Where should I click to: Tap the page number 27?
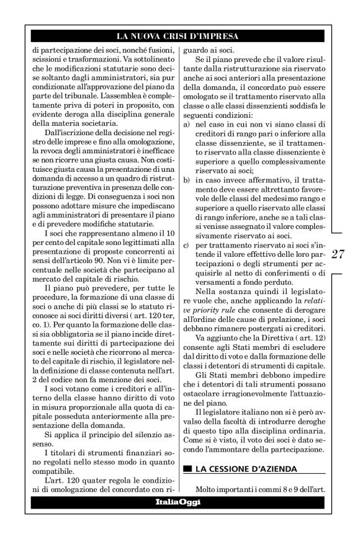point(339,255)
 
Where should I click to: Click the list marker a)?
point(188,124)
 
